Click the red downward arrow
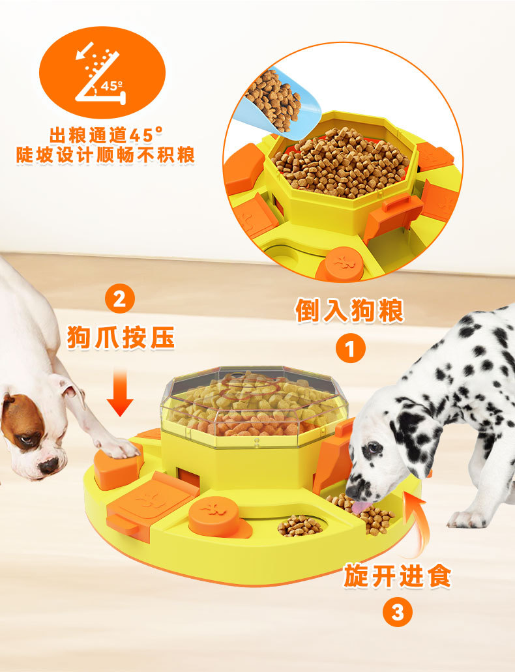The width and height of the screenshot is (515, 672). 120,394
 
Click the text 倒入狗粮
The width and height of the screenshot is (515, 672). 349,310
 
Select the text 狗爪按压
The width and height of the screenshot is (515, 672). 121,337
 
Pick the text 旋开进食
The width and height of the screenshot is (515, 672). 397,575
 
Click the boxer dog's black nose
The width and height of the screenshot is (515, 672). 48,465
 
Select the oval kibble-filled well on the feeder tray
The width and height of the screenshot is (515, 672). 300,525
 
